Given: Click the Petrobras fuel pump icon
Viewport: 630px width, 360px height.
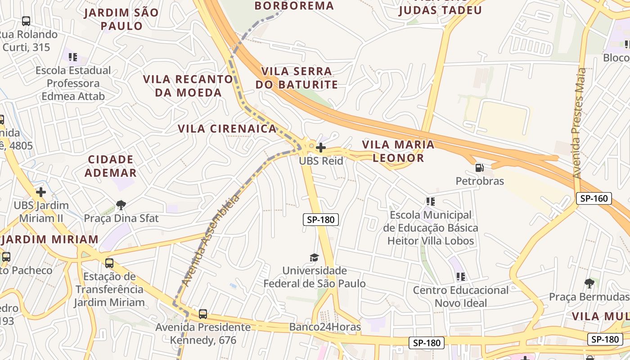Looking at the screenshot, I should [x=480, y=168].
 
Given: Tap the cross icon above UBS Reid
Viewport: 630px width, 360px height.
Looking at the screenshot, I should [x=320, y=147].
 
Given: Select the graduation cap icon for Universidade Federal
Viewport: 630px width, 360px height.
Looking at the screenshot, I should [x=314, y=257].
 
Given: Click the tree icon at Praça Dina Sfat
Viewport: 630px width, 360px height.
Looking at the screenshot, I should [x=121, y=205].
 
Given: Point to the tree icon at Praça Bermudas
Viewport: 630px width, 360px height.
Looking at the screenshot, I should [x=589, y=283].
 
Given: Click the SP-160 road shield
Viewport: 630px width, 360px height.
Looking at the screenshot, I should [x=594, y=198].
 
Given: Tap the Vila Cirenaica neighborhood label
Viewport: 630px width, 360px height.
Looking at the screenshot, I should [x=227, y=129].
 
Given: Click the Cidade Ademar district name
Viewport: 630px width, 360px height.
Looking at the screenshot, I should [x=111, y=166].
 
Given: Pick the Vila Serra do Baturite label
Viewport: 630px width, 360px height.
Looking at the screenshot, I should [x=297, y=78].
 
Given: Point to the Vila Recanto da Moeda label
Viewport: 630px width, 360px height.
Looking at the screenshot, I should [x=188, y=86].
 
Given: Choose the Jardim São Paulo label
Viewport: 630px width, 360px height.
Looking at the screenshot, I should [x=121, y=19].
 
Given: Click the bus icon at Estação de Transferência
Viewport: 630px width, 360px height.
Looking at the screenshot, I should [x=109, y=263].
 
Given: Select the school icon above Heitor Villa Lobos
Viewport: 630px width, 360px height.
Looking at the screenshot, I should [x=430, y=201].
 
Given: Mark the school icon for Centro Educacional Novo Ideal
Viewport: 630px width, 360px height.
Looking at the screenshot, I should [x=460, y=276].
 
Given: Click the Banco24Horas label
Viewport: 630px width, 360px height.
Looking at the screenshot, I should [x=325, y=327].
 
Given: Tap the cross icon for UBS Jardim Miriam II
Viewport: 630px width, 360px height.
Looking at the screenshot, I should [x=41, y=192].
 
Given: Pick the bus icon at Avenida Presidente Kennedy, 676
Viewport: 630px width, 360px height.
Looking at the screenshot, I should [x=203, y=314].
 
